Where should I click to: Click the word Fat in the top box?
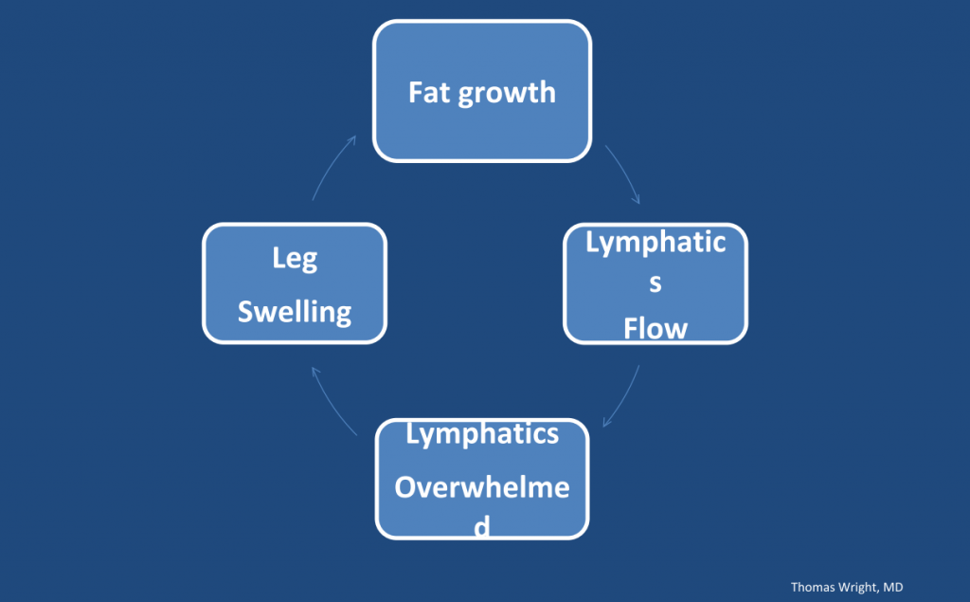[427, 92]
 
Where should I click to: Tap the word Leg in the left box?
[294, 259]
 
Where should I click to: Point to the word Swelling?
[294, 312]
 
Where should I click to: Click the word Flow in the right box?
[656, 328]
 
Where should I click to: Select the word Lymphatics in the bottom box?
[482, 434]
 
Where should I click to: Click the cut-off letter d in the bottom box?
[482, 527]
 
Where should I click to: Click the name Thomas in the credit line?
[814, 588]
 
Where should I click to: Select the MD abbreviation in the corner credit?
[893, 588]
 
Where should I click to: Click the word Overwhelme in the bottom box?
[482, 488]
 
